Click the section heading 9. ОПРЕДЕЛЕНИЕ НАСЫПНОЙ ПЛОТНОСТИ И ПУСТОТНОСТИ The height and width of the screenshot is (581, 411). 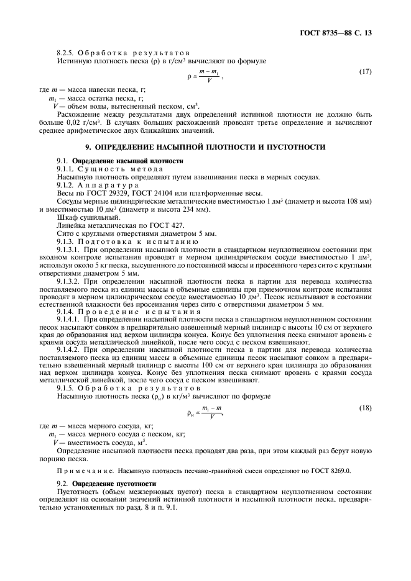[205, 147]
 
